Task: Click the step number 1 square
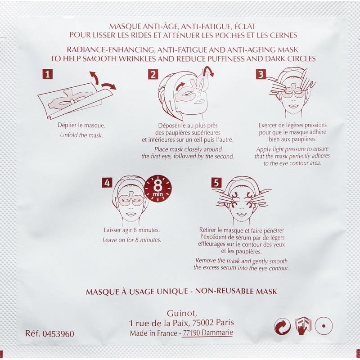pyautogui.click(x=48, y=75)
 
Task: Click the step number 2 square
pyautogui.click(x=153, y=75)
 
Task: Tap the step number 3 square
pyautogui.click(x=261, y=75)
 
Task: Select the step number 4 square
pyautogui.click(x=107, y=183)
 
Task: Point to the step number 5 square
pyautogui.click(x=216, y=183)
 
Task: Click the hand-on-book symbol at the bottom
pyautogui.click(x=303, y=325)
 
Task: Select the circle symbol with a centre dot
pyautogui.click(x=324, y=326)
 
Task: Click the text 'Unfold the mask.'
pyautogui.click(x=79, y=135)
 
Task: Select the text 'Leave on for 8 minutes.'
pyautogui.click(x=132, y=239)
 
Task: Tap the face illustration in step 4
pyautogui.click(x=131, y=201)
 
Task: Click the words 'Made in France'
pyautogui.click(x=151, y=333)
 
